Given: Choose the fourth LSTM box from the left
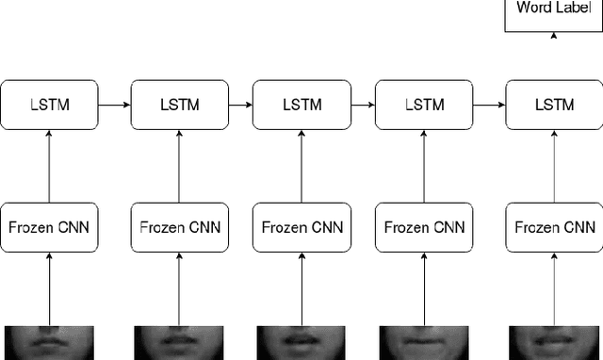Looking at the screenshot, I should [x=424, y=105].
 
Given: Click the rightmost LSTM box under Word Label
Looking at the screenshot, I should [x=553, y=105].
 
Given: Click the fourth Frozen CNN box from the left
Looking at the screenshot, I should [x=424, y=227].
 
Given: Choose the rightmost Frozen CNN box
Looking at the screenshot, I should [x=553, y=227].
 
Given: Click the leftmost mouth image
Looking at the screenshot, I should [x=48, y=343].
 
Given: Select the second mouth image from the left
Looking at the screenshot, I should [x=178, y=343].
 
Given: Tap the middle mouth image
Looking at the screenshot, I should [x=301, y=343].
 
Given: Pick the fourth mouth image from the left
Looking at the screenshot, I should [x=425, y=343].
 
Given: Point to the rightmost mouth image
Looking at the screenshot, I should [x=554, y=343].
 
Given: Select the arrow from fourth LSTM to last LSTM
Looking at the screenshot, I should [x=489, y=105].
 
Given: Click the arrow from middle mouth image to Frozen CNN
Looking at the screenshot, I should [x=301, y=289].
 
